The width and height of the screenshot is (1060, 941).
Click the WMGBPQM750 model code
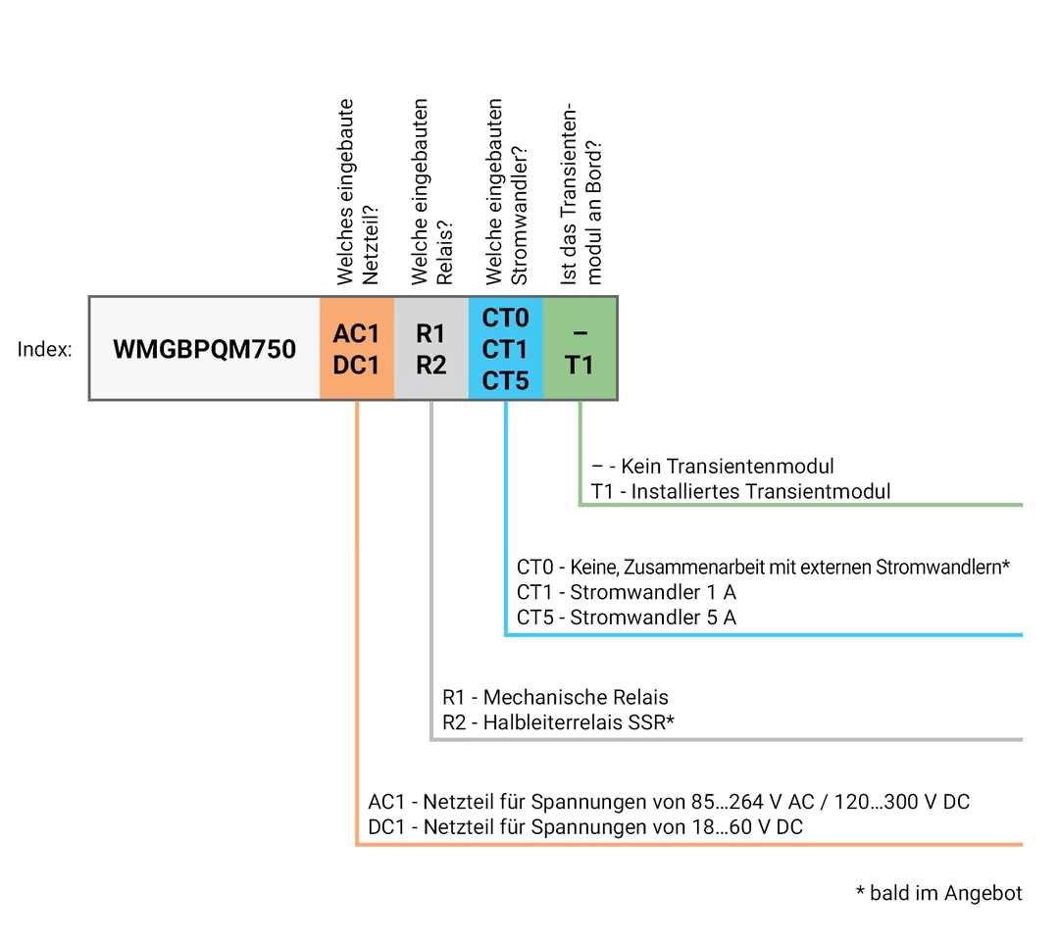pos(204,349)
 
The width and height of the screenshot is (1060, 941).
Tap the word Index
pos(44,349)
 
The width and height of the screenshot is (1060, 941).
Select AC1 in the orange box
pos(356,333)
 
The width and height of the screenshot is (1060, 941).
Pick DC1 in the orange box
pos(356,365)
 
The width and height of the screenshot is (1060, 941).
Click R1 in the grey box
pos(430,333)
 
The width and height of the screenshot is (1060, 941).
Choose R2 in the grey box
pos(430,365)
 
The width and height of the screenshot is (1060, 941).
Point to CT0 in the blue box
pos(505,319)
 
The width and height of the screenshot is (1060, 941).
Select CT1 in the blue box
pos(505,349)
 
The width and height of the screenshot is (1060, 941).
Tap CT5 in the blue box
pos(505,380)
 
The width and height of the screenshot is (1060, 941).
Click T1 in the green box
pos(580,365)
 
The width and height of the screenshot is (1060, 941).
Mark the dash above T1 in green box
pos(580,334)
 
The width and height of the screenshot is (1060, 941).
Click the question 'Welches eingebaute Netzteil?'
pos(357,192)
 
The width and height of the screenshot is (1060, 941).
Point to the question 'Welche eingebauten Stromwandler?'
pos(506,190)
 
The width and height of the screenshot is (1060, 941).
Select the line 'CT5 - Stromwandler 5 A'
pos(627,618)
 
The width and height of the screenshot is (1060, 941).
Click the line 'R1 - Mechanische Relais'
pos(555,698)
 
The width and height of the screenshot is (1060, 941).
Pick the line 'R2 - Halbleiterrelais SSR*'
pos(559,723)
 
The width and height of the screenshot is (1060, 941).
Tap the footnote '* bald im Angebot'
pos(938,893)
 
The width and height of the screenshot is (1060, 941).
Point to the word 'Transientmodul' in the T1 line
pos(819,491)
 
